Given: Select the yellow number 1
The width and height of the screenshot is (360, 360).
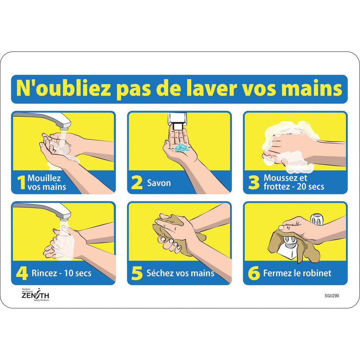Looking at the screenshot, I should (x=21, y=182).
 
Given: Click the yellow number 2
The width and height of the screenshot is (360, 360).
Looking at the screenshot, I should (x=137, y=183).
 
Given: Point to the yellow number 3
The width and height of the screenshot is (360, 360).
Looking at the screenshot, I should (x=253, y=183).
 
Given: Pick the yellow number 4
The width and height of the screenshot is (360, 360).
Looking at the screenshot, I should (x=22, y=274).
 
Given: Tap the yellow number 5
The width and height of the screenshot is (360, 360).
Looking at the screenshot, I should (x=137, y=274).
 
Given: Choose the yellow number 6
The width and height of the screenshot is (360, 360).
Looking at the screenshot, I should (x=253, y=274).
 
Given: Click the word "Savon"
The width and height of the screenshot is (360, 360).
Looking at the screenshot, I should (x=159, y=183).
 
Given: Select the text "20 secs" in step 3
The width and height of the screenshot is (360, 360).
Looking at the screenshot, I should (x=310, y=187).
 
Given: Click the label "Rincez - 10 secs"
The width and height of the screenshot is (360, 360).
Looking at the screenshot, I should (x=61, y=273).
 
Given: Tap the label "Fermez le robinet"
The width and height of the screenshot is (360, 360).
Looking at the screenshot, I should (x=297, y=273).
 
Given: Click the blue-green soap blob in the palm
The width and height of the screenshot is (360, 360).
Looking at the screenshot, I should (x=182, y=147).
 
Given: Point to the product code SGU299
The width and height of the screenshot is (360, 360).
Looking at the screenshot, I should (x=332, y=296).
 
